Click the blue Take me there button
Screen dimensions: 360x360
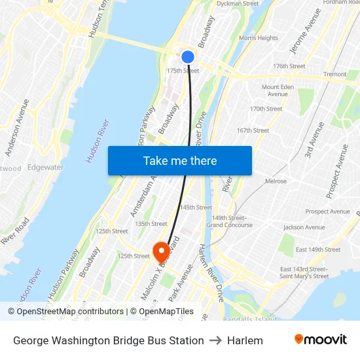(180, 160)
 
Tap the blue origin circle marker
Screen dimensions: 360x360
(188, 57)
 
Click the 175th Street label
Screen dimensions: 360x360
(183, 71)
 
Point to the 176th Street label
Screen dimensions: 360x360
(289, 66)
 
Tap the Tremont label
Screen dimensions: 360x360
(334, 75)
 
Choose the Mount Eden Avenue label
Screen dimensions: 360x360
(278, 90)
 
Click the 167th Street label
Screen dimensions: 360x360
(253, 130)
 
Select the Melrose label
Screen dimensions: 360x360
(276, 181)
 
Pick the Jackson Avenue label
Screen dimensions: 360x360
(304, 227)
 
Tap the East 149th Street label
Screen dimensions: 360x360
(318, 249)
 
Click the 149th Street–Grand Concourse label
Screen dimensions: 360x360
(229, 221)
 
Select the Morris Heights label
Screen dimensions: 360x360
(258, 38)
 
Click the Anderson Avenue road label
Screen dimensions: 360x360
(17, 128)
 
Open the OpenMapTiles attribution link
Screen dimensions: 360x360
(168, 312)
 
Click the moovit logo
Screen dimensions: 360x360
(321, 340)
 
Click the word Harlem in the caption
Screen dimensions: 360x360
(245, 340)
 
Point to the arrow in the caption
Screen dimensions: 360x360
(215, 340)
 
